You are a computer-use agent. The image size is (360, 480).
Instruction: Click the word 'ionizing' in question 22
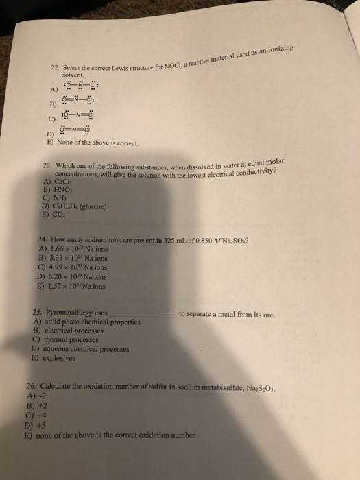[278, 52]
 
